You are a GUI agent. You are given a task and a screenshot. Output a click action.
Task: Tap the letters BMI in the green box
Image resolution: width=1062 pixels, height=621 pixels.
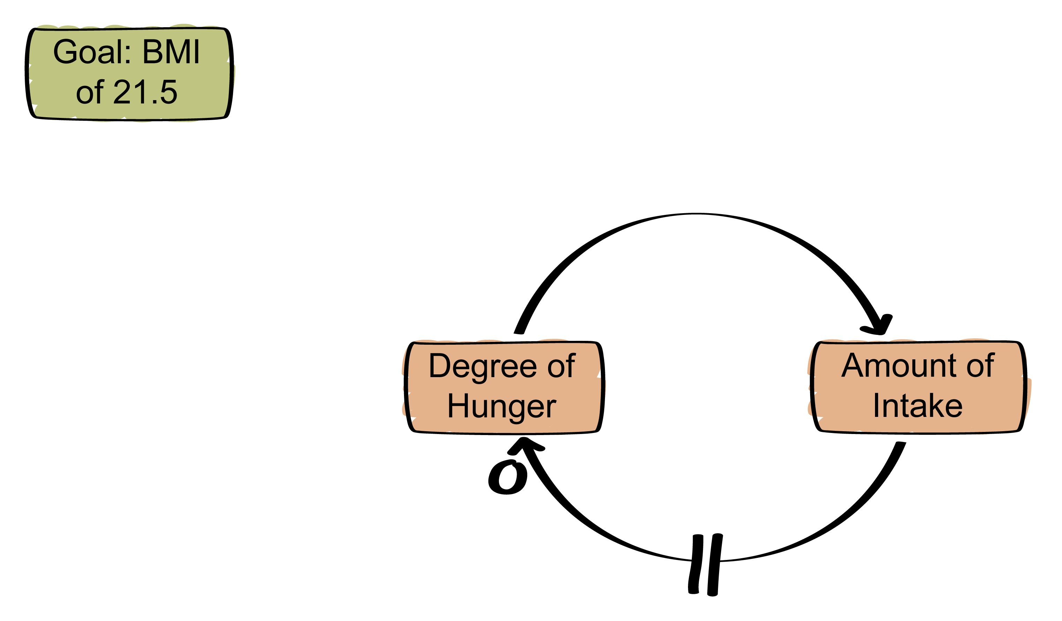tap(171, 51)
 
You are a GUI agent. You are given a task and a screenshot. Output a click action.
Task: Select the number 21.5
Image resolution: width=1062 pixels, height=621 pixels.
tap(145, 91)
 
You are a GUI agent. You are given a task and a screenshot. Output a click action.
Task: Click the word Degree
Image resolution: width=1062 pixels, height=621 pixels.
tap(483, 367)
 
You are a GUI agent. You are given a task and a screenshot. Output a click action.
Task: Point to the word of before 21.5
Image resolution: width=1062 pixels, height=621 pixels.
tap(90, 92)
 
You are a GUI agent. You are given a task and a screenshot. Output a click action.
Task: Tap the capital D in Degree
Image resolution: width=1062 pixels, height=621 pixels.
tap(440, 366)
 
